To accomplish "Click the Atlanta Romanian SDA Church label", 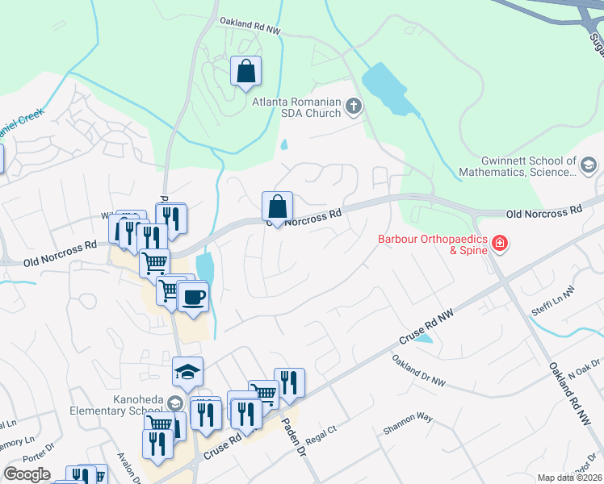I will point(296,107).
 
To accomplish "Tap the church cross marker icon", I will point(353,106).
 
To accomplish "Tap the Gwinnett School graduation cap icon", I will point(589,166).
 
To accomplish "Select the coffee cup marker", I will point(193,297).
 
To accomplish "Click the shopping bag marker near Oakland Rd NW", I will point(245,71).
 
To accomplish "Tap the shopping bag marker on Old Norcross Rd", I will point(277,207).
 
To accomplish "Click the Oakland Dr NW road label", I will point(419,369).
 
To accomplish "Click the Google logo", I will point(27,474).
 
